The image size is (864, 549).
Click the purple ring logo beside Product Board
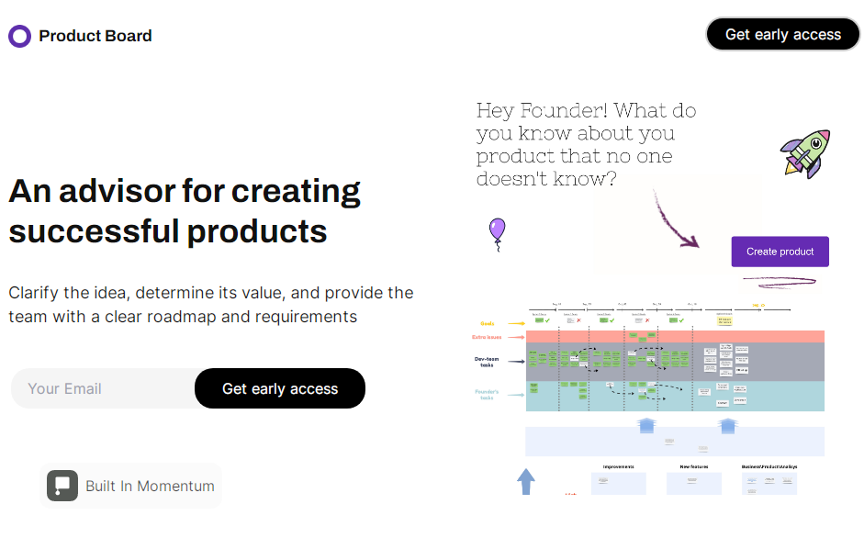pos(19,36)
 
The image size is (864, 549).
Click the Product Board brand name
pos(95,36)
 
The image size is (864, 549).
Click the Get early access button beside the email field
pos(280,388)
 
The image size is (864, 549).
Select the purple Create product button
pos(780,252)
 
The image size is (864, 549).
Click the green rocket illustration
pos(805,152)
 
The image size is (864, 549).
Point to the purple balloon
pos(497,230)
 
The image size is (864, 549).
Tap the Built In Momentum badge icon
pos(62,486)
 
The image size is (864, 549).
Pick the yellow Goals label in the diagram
pos(488,323)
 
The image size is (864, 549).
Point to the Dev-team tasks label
pos(487,362)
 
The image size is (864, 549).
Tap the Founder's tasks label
pos(486,395)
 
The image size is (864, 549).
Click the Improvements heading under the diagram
pos(618,466)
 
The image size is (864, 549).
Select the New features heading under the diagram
pos(693,466)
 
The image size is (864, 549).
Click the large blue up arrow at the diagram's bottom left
pos(526,481)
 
